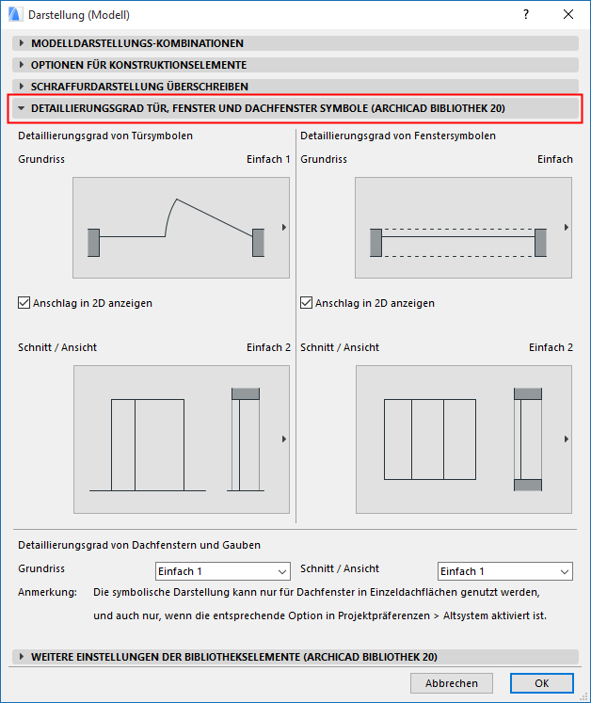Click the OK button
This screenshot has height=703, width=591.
tap(541, 683)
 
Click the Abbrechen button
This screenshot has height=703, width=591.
tap(451, 683)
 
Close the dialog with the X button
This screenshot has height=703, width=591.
tap(568, 14)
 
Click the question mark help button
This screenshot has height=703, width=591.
tap(526, 14)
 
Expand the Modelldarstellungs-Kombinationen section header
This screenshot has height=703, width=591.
tap(136, 43)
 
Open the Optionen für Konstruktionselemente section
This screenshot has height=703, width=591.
tap(138, 65)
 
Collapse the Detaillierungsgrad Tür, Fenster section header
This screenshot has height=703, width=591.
tap(267, 109)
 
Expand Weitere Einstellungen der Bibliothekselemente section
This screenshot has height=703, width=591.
tap(233, 657)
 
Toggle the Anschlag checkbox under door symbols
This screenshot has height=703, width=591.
tap(24, 303)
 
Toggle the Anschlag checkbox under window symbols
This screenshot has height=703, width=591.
tap(307, 303)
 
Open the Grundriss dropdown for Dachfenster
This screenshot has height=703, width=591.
tap(223, 571)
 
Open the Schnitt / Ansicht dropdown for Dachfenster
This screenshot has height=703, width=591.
tap(505, 571)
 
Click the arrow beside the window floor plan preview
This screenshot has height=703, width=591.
tap(567, 228)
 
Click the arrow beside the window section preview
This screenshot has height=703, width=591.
tap(567, 439)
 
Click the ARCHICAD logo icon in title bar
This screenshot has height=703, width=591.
tap(14, 14)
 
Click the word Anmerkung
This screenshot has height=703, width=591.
tap(47, 593)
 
